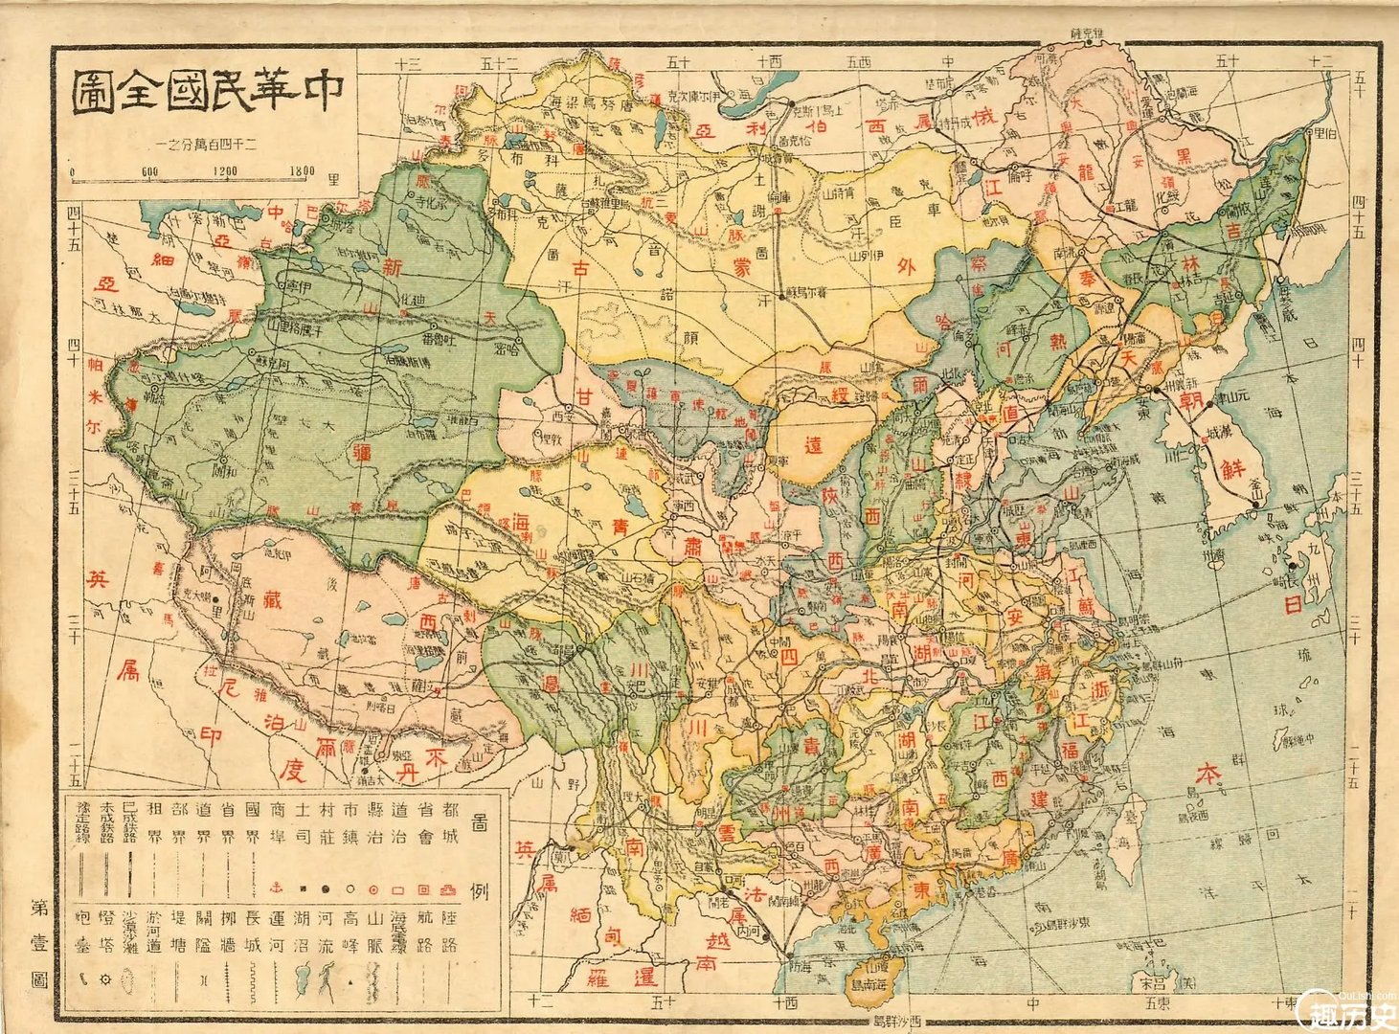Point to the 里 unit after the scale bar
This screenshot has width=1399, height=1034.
pyautogui.click(x=334, y=177)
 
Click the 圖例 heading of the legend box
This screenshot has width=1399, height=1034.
pyautogui.click(x=481, y=851)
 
